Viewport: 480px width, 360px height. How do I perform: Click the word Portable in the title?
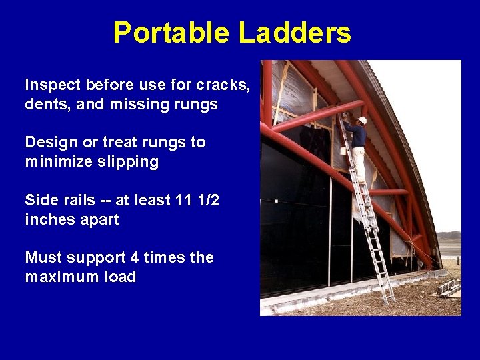[x=173, y=33]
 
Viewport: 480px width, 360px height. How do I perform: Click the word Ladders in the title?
[x=294, y=33]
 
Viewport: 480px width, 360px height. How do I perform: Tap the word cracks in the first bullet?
[x=223, y=85]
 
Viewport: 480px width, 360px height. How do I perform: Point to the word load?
[x=120, y=277]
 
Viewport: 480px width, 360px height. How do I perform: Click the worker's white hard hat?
[x=362, y=120]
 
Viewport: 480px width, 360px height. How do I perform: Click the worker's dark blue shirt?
[x=358, y=135]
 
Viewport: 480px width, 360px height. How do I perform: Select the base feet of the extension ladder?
[x=389, y=300]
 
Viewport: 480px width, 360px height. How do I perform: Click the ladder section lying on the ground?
[x=449, y=288]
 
